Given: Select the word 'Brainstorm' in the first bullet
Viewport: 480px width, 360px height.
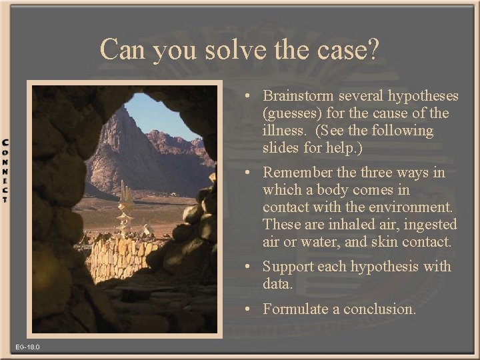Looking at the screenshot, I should coord(298,96).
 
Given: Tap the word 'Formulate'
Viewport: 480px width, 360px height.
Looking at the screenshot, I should coord(297,309).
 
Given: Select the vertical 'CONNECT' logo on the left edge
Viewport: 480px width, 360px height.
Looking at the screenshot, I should coord(5,171).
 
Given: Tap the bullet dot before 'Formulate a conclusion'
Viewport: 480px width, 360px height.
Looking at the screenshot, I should coord(247,308).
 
